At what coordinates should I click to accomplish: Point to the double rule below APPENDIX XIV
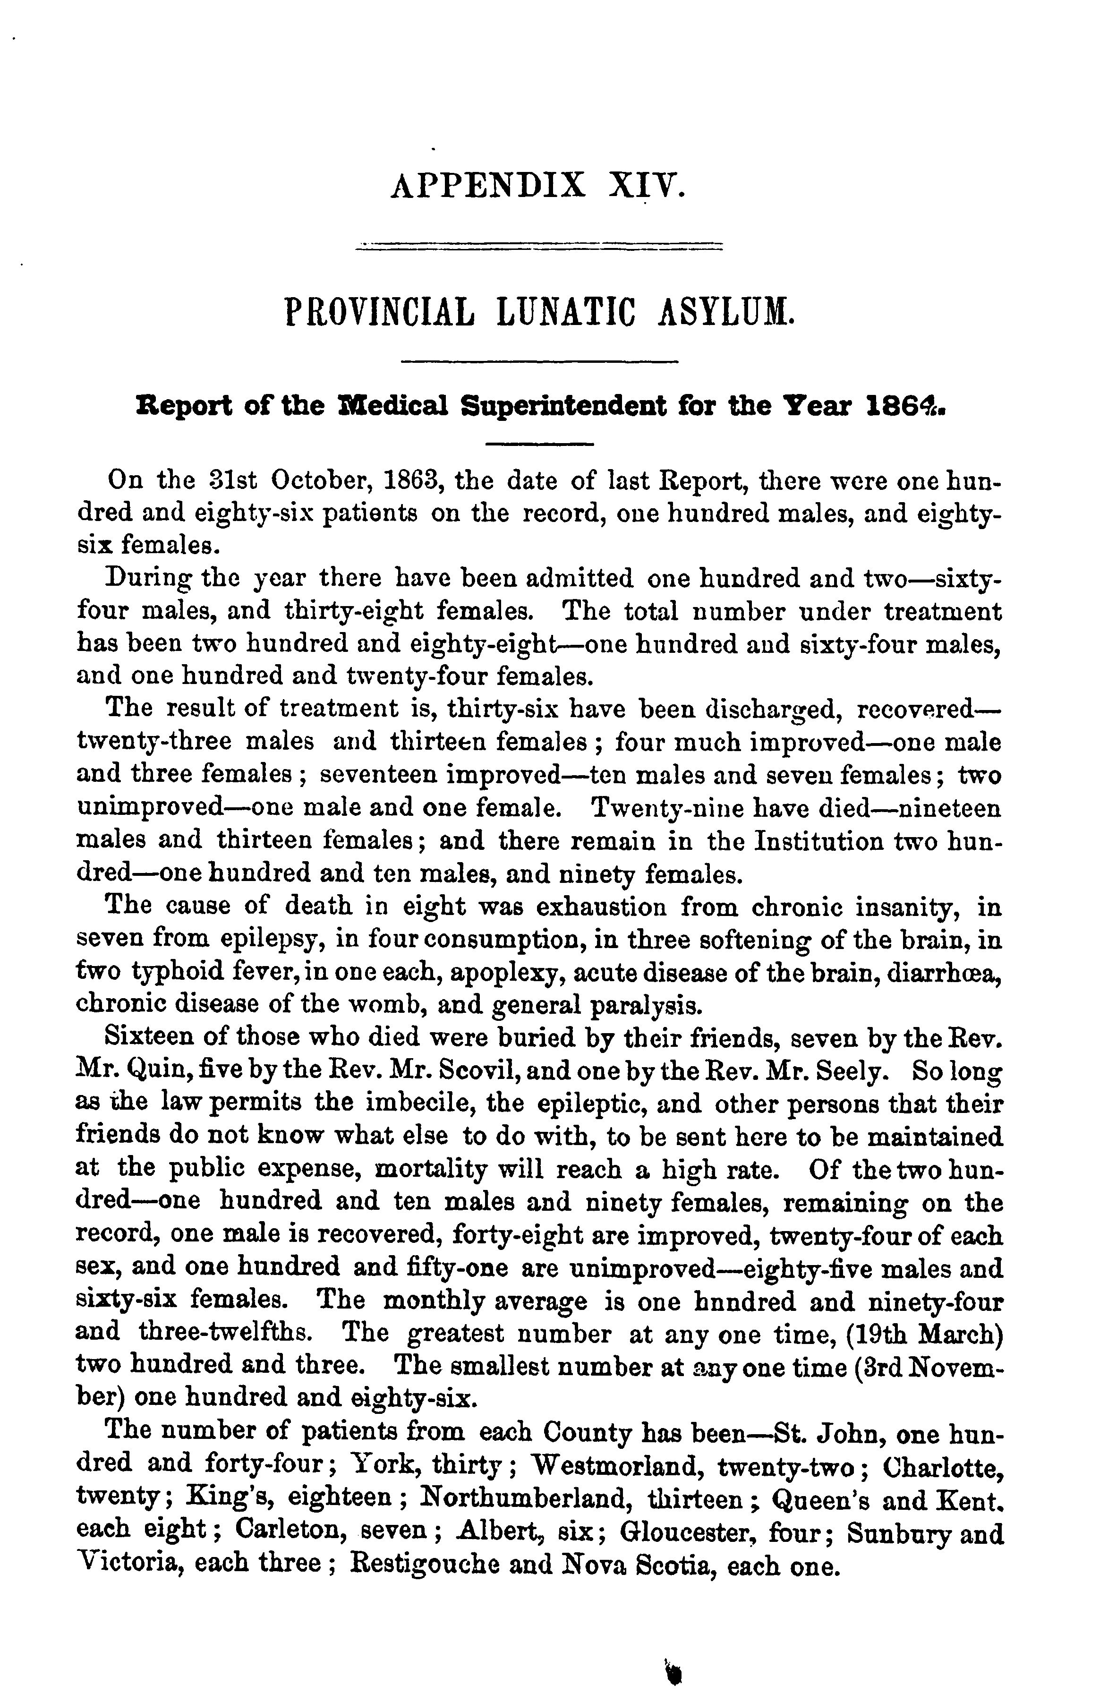pyautogui.click(x=539, y=247)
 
